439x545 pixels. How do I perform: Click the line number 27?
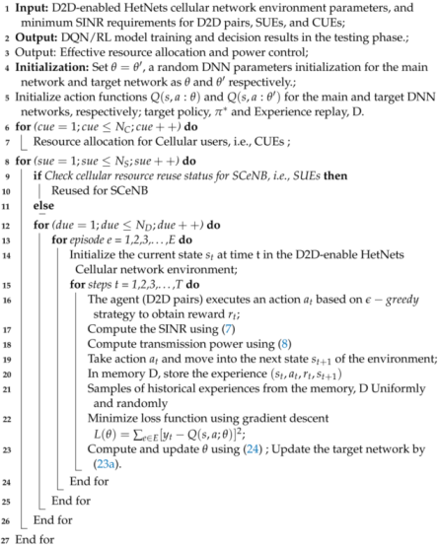8,538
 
